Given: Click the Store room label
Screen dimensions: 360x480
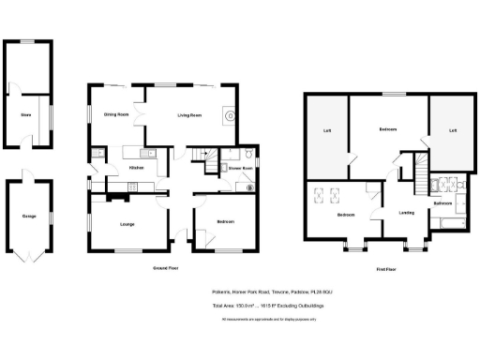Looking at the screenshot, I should [x=26, y=115].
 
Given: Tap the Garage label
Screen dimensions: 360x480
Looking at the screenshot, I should [x=29, y=216].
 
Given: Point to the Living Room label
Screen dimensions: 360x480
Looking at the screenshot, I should [x=189, y=115].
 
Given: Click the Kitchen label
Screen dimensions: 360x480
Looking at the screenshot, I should [x=136, y=167].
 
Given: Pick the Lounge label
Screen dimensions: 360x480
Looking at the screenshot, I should [x=127, y=222].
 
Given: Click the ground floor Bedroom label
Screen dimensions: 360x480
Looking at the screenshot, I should [x=225, y=221].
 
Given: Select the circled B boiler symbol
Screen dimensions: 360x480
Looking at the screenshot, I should [x=249, y=187].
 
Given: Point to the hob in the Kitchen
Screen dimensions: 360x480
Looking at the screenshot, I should [x=130, y=187].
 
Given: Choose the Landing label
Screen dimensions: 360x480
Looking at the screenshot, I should [x=406, y=212].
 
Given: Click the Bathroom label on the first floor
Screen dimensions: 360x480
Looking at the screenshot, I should [x=443, y=202].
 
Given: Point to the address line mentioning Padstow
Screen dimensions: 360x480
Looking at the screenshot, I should [x=272, y=292].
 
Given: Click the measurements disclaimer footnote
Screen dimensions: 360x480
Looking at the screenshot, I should [x=272, y=319].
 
